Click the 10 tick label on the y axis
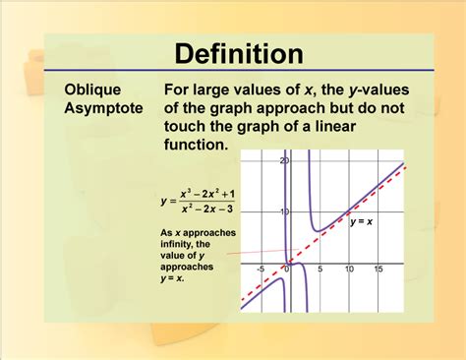point(284,211)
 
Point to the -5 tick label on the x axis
point(261,270)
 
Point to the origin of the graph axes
point(289,264)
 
